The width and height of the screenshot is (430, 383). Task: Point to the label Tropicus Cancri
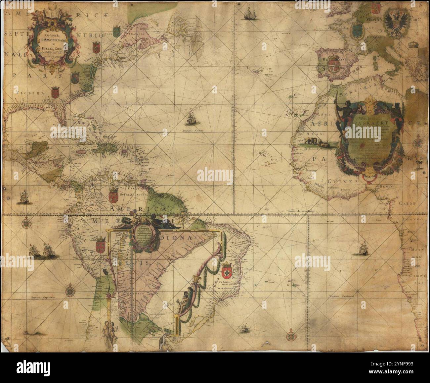tap(193, 131)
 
